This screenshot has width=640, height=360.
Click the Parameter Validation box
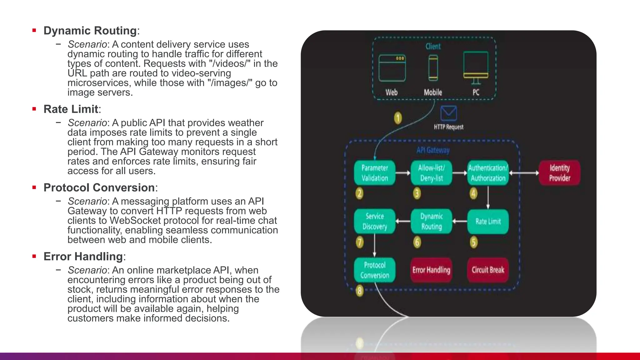pos(375,173)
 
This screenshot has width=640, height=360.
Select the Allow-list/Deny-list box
pos(431,173)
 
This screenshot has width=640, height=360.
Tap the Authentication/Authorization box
pos(488,173)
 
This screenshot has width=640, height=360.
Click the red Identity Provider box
pos(559,173)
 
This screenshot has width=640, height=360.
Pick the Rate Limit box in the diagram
pos(488,222)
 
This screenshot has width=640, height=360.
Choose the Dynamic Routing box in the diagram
pos(431,222)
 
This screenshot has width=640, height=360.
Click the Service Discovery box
pos(375,222)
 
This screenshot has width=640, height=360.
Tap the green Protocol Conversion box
pos(375,270)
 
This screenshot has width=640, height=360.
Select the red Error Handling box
pos(431,270)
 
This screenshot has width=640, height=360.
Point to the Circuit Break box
pos(488,270)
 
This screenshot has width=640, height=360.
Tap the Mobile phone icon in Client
pos(433,68)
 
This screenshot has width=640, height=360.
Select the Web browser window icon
pos(392,68)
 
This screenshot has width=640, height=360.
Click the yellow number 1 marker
pos(398,118)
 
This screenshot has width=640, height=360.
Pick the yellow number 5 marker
pos(474,242)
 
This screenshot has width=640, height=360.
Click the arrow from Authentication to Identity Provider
pos(524,173)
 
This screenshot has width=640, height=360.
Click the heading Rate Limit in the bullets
pos(71,109)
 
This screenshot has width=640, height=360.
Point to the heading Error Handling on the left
pos(83,256)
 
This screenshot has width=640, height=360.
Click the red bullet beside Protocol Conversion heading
pos(34,187)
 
